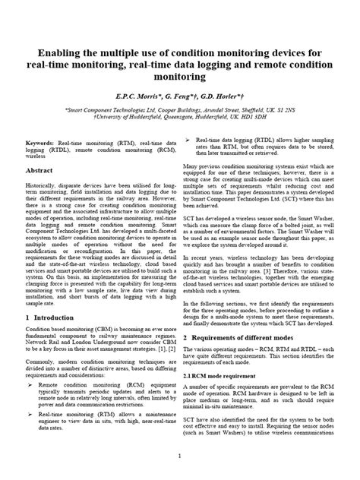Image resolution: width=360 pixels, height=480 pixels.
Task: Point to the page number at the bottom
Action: pyautogui.click(x=180, y=456)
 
